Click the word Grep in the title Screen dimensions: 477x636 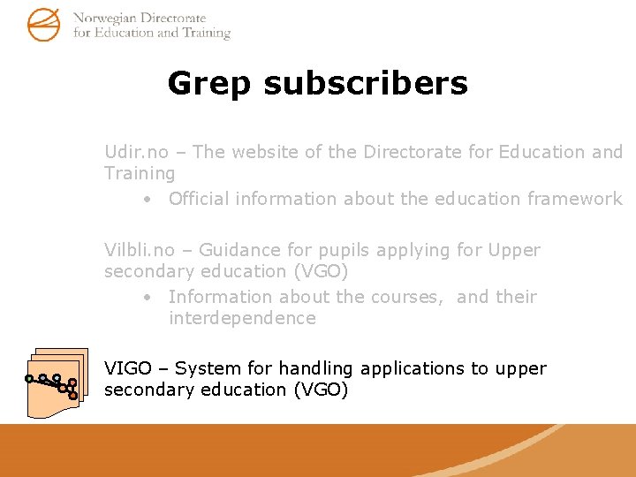click(209, 83)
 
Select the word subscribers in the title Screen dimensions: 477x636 click(365, 83)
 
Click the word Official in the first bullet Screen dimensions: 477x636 click(202, 199)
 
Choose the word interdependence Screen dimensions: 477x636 click(242, 318)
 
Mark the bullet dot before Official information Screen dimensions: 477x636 click(148, 200)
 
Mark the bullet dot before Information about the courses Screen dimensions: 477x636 click(148, 298)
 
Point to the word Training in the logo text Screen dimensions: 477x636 click(206, 33)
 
